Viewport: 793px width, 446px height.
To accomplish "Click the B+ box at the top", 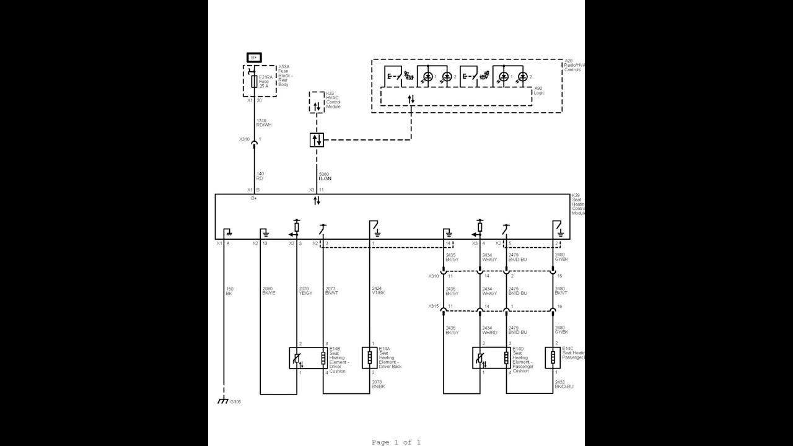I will point(254,57).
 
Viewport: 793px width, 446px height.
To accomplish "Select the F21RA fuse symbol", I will point(254,81).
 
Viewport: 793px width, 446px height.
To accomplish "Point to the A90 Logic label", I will point(539,90).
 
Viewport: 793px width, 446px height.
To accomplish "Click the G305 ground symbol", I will point(223,401).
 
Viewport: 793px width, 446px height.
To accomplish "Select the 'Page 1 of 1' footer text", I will point(396,442).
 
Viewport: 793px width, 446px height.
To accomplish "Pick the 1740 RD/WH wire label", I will point(264,123).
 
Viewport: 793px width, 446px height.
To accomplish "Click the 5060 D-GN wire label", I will point(325,177).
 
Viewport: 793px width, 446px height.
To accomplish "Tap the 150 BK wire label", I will point(229,291).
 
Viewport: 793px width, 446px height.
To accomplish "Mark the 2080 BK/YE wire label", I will point(268,291).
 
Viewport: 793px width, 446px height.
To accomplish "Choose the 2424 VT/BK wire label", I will point(378,291).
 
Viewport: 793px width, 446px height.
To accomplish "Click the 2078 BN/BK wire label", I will point(379,384).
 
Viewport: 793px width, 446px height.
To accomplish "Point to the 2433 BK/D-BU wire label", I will point(564,384).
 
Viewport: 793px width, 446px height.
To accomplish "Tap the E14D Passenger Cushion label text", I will point(522,360).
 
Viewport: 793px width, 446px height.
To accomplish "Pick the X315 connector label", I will point(433,306).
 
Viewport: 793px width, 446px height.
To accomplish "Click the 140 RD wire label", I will point(260,177).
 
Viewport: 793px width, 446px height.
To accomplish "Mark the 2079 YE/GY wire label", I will point(305,291).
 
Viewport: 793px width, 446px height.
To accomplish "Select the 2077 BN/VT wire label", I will point(331,291).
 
